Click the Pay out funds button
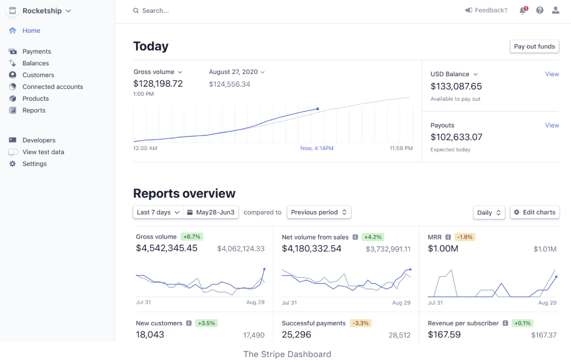(534, 46)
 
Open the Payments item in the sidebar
(37, 51)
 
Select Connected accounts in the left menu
(52, 87)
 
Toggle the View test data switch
(13, 152)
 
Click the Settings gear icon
(13, 164)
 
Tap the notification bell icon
(523, 10)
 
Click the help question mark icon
(540, 10)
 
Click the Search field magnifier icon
(136, 10)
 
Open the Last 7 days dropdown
(158, 212)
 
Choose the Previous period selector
(319, 212)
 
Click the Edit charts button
(534, 212)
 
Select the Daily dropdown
(489, 212)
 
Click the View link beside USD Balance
(552, 74)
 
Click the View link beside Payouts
(552, 125)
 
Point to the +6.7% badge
(192, 237)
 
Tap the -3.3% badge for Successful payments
(361, 323)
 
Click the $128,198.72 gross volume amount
(158, 84)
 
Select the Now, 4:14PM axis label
(316, 148)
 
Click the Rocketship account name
(43, 11)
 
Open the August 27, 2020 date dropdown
(237, 72)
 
